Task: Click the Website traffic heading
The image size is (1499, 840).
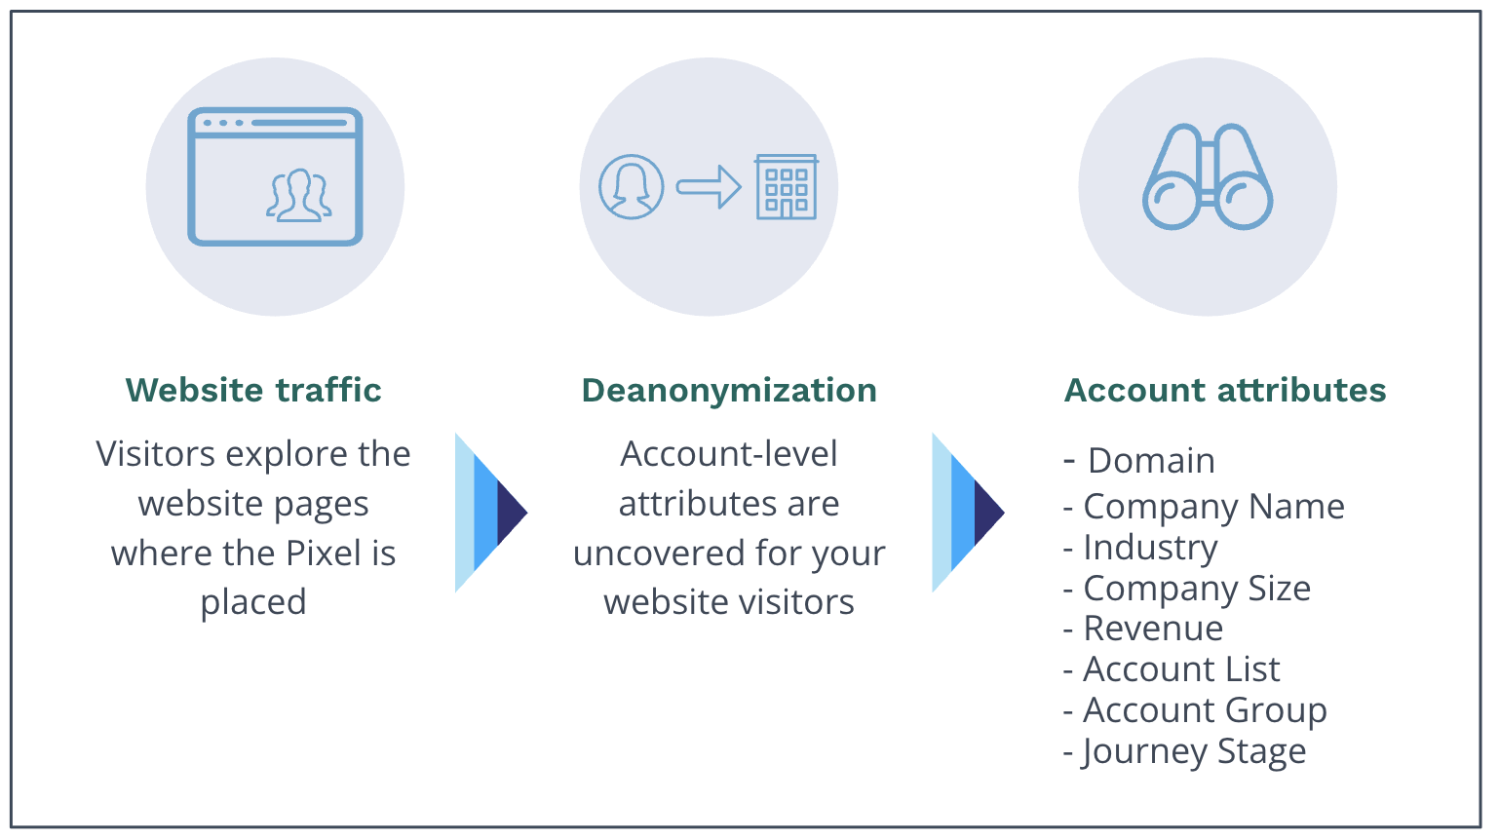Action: pos(253,390)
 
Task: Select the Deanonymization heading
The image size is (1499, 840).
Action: pos(729,390)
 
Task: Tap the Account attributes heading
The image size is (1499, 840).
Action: pos(1224,390)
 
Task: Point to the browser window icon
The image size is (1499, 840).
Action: pos(275,176)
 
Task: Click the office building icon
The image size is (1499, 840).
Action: pos(787,187)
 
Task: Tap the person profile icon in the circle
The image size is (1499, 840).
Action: pos(631,187)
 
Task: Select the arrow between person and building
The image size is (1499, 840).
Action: pos(709,186)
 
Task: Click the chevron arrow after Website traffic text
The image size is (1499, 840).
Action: pos(490,513)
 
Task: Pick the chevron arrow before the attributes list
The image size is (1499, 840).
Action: pos(967,513)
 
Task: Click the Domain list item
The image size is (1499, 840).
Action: pos(1150,460)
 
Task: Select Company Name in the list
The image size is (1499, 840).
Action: pos(1213,506)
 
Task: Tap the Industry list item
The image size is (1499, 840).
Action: pos(1150,548)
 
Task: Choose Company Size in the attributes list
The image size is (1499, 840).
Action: pos(1197,588)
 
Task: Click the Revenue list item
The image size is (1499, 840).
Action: pos(1153,629)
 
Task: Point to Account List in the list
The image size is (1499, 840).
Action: pos(1181,669)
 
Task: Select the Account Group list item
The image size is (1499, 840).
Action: pos(1205,710)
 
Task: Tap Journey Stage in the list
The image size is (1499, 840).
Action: pos(1194,751)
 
